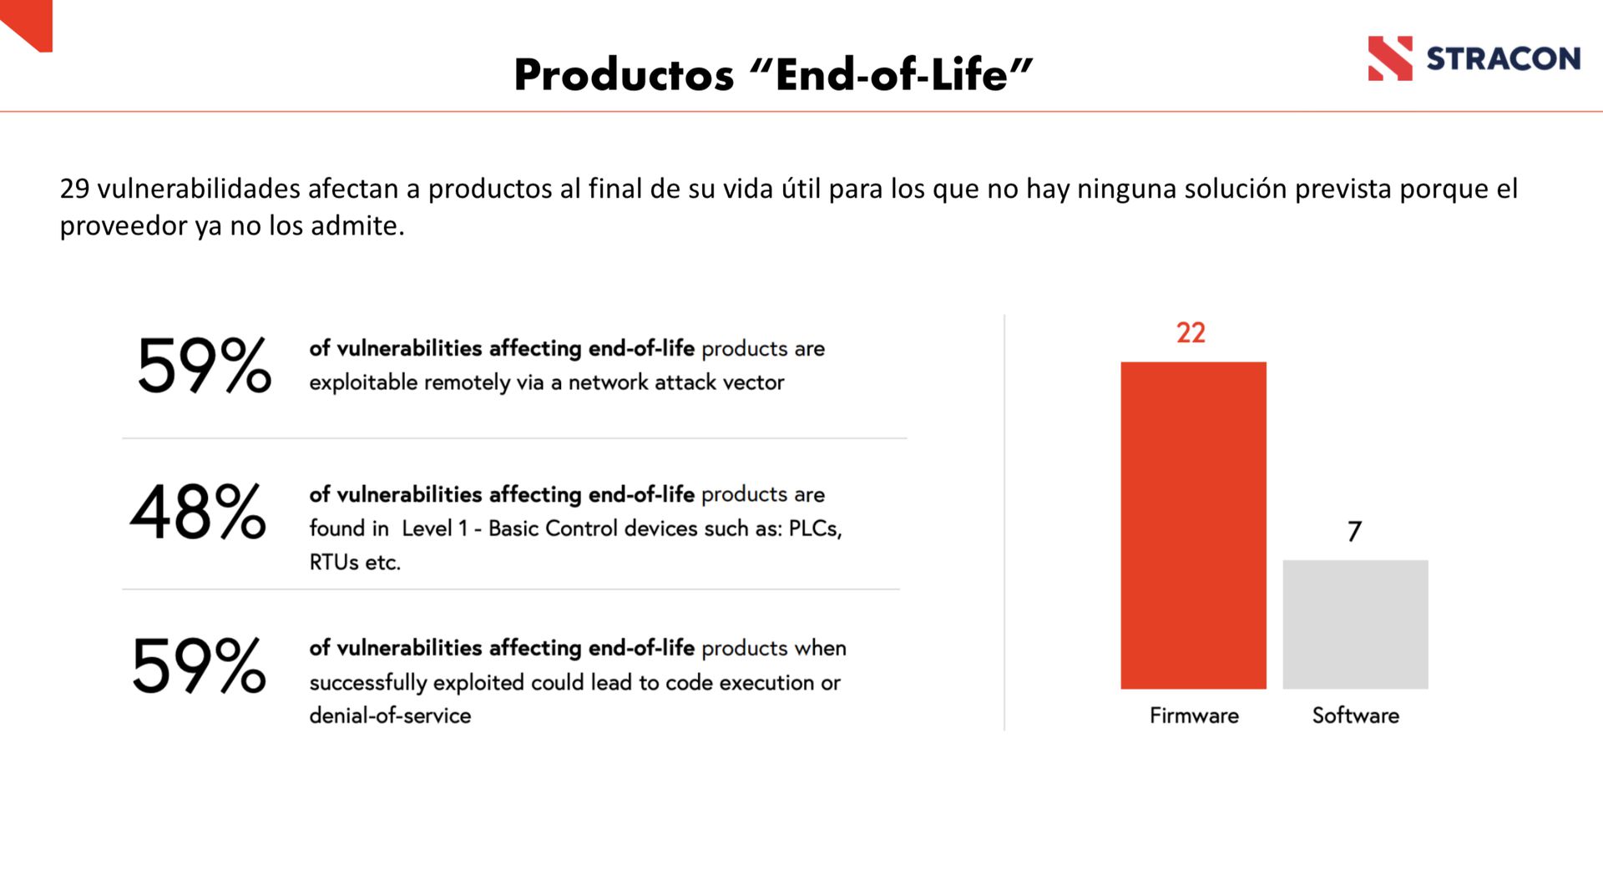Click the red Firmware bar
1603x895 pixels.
click(x=1193, y=525)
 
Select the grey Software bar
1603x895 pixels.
click(x=1355, y=624)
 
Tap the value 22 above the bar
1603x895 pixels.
click(x=1191, y=333)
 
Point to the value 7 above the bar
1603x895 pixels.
click(x=1354, y=532)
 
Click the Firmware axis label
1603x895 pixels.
click(x=1194, y=715)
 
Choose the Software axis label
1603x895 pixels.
click(x=1355, y=715)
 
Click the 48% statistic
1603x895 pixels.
click(x=198, y=511)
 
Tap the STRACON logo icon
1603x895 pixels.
click(x=1390, y=58)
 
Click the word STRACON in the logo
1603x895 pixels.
click(x=1503, y=58)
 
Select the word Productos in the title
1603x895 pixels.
click(x=624, y=74)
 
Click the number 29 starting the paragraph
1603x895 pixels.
click(x=74, y=189)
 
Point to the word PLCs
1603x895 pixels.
click(x=815, y=528)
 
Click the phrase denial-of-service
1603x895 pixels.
click(x=390, y=715)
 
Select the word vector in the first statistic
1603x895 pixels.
click(x=758, y=382)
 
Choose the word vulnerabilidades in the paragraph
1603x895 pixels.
click(x=199, y=189)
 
